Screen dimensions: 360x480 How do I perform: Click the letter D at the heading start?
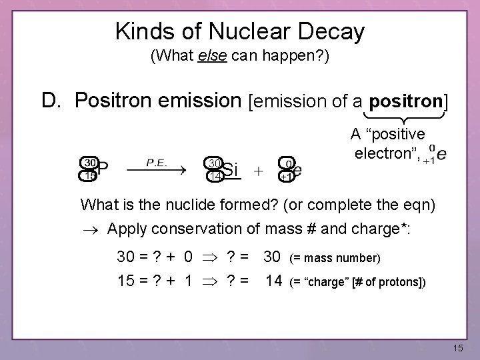[51, 101]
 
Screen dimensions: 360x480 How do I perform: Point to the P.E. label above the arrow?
[157, 161]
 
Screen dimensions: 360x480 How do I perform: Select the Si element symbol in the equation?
[230, 170]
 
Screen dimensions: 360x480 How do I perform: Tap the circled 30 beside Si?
[213, 163]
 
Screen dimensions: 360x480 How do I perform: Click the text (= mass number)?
[335, 258]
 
